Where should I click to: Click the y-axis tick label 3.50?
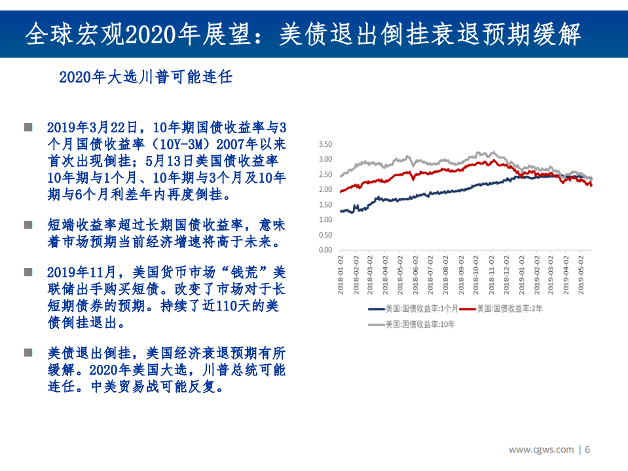coord(325,144)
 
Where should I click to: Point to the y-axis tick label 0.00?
coord(325,250)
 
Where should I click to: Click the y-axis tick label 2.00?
coord(325,189)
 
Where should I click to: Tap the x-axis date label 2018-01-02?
coord(341,276)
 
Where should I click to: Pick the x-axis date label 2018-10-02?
coord(476,276)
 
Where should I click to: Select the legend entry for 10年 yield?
coord(413,324)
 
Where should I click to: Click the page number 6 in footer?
coord(588,449)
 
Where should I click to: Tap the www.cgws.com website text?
coord(542,449)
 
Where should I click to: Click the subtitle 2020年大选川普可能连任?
coord(145,77)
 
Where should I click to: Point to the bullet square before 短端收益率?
coord(28,225)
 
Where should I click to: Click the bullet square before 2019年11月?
coord(28,271)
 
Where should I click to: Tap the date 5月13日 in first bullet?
coord(172,160)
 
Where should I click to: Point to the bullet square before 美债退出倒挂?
coord(28,352)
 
